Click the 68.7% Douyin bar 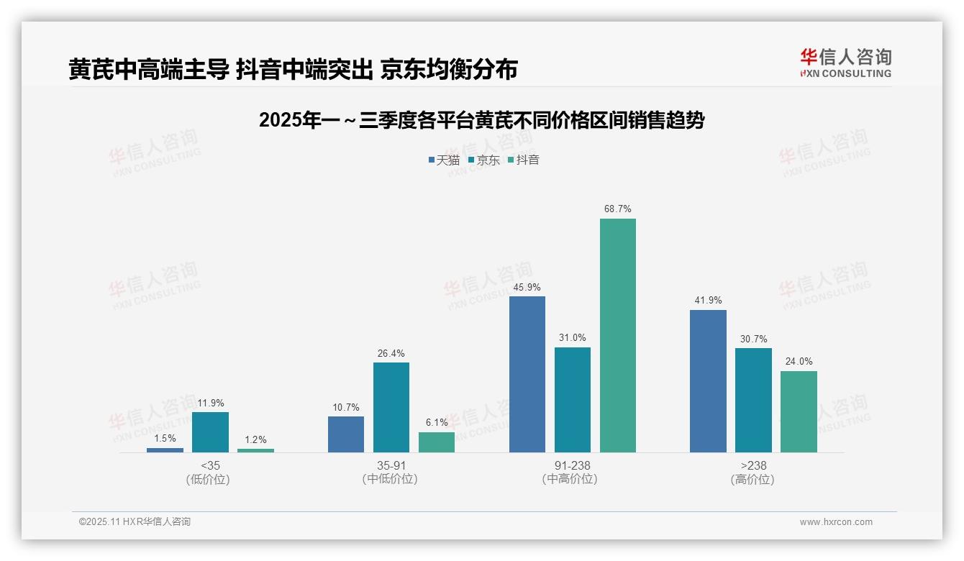point(617,335)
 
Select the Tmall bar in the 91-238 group point(527,374)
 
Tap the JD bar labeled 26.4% point(391,407)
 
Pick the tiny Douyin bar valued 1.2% point(255,450)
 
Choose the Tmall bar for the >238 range point(708,381)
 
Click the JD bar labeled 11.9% point(210,432)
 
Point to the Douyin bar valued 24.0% point(799,411)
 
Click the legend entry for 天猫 point(444,160)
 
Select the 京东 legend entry point(483,160)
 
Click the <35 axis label point(210,465)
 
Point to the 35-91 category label point(391,465)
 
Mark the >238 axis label point(753,465)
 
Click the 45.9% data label point(527,288)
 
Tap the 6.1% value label point(437,423)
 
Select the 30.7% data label point(753,339)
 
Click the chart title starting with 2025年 point(481,120)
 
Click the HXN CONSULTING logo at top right point(846,63)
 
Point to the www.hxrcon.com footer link point(836,522)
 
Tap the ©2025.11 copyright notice point(135,521)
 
